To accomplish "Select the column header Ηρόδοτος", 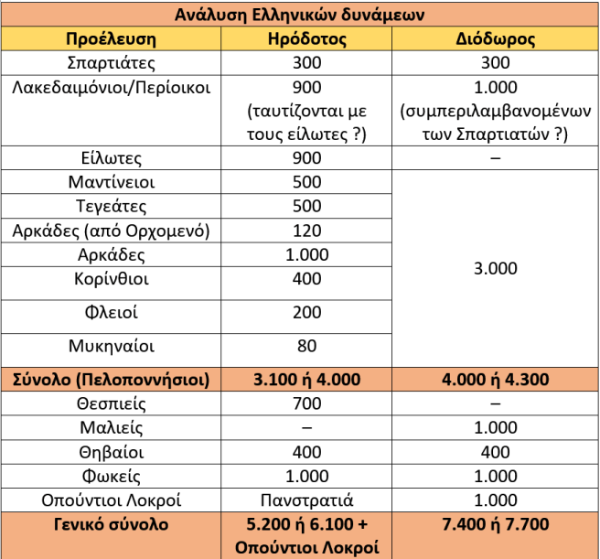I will point(307,40).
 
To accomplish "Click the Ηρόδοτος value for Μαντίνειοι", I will point(307,182).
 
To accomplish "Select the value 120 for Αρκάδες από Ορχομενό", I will point(307,231).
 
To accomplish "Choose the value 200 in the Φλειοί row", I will point(307,313).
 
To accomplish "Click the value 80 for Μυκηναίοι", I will point(307,347).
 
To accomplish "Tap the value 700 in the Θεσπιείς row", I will point(307,403).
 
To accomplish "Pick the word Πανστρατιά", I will point(307,500).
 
